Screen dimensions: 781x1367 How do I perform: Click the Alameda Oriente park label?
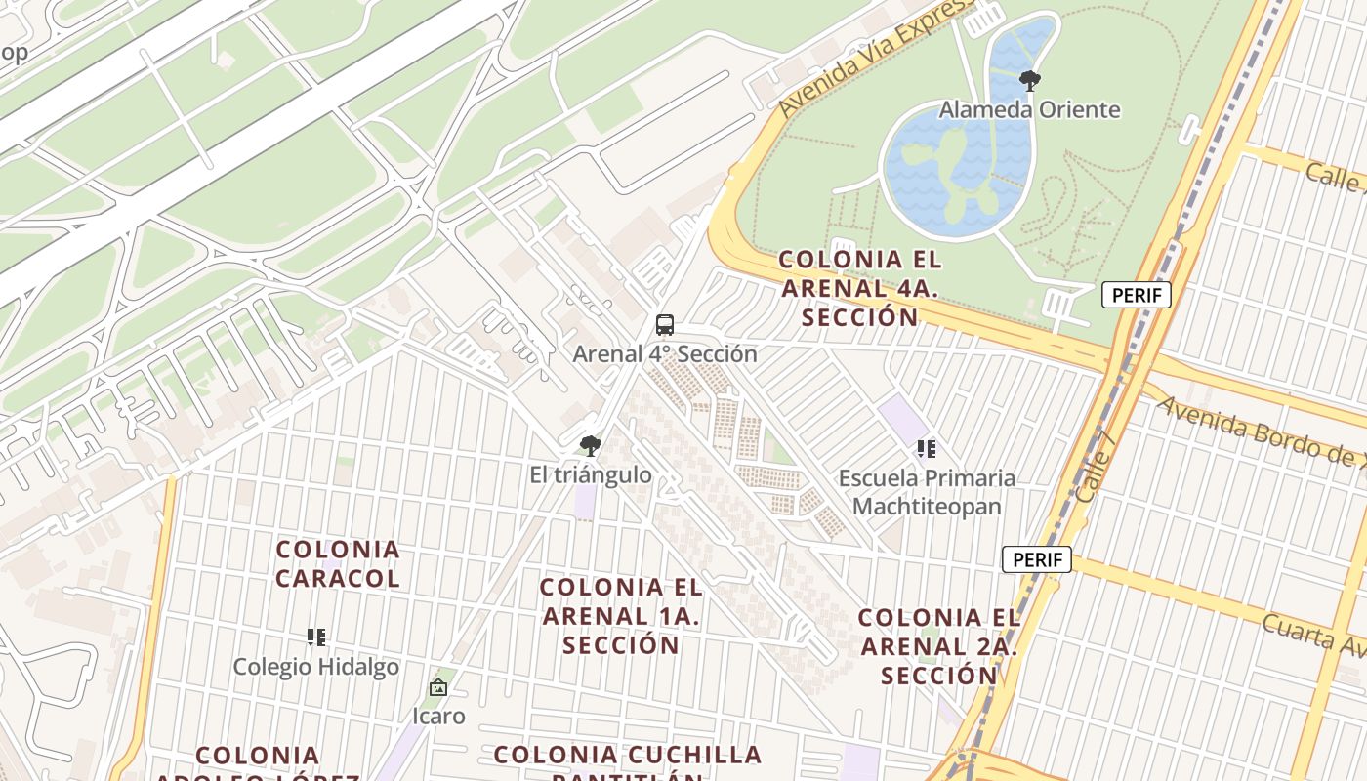click(x=1029, y=109)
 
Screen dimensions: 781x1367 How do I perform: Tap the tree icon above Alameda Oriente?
click(x=1029, y=80)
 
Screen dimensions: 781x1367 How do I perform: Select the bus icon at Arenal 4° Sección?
click(x=665, y=325)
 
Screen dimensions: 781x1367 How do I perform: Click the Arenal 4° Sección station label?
click(x=665, y=353)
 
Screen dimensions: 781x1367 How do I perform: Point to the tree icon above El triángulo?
click(x=590, y=446)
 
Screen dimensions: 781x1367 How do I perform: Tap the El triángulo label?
click(x=590, y=475)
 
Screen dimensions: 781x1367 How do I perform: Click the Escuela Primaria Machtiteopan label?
click(x=927, y=492)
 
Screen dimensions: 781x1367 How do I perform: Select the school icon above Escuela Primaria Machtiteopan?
click(x=926, y=449)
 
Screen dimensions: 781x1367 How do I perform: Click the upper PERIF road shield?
click(x=1136, y=295)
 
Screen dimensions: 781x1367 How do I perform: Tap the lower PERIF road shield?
click(x=1036, y=560)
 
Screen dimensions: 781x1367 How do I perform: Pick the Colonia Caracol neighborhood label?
click(x=338, y=563)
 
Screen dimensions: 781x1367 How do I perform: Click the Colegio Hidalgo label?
click(x=315, y=667)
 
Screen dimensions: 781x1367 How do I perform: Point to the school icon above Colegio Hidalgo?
click(x=315, y=637)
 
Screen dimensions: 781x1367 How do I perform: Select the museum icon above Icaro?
click(x=438, y=687)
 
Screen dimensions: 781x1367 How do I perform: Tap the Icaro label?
click(x=438, y=716)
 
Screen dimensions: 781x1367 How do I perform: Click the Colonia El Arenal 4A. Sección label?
click(x=860, y=288)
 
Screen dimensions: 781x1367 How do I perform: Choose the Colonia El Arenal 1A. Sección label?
click(x=621, y=616)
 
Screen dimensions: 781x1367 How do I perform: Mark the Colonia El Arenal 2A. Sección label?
click(x=939, y=645)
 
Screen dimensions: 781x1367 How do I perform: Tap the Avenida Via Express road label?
click(x=874, y=59)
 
